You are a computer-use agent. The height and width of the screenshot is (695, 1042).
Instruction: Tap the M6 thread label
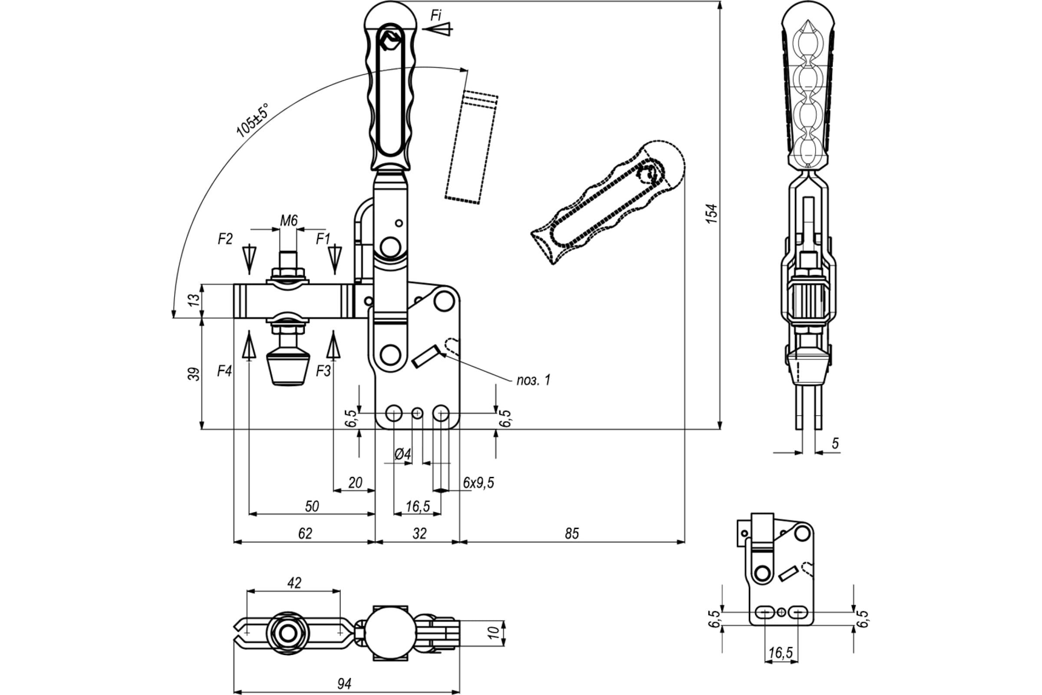[x=289, y=220]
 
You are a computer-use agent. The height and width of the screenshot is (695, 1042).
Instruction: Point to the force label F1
[x=323, y=239]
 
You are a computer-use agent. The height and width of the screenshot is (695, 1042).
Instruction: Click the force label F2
[x=225, y=239]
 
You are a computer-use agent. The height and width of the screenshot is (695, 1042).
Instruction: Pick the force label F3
[x=323, y=371]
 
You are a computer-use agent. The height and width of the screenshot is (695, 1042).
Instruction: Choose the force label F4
[x=224, y=371]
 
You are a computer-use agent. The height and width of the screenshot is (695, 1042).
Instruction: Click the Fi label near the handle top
[x=436, y=16]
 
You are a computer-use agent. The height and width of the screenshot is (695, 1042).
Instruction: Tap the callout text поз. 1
[x=534, y=380]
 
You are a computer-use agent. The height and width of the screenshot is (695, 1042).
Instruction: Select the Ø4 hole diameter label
[x=403, y=454]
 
